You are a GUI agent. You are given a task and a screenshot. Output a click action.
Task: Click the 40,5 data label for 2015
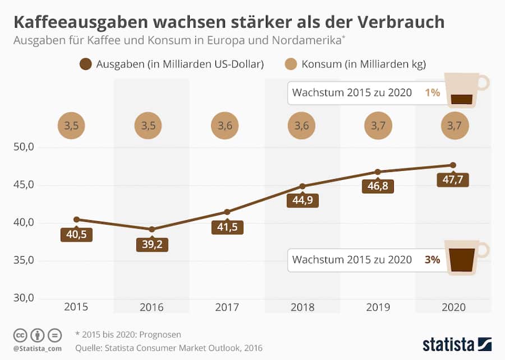[76, 235]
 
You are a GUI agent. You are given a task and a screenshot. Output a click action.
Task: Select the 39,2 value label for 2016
[151, 245]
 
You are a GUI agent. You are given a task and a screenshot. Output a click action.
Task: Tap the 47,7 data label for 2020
[453, 180]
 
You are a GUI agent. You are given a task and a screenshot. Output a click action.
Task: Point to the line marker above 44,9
[302, 186]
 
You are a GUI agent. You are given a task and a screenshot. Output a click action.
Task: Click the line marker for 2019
[378, 172]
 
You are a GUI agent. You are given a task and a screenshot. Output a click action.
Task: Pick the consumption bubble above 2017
[227, 126]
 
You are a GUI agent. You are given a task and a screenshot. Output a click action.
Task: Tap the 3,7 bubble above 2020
[453, 126]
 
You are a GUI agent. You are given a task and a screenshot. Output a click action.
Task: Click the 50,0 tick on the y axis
[24, 147]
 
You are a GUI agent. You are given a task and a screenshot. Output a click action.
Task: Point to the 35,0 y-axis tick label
[24, 261]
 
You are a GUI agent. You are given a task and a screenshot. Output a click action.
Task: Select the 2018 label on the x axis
[302, 307]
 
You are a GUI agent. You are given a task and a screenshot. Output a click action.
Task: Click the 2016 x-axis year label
[151, 307]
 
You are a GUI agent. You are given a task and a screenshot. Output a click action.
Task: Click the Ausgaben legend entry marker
[86, 64]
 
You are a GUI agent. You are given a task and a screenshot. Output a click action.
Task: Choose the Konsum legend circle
[291, 64]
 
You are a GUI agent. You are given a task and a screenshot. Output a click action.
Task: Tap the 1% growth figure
[432, 93]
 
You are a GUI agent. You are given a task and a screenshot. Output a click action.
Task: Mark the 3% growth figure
[432, 259]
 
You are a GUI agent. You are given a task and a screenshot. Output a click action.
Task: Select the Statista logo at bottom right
[457, 343]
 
